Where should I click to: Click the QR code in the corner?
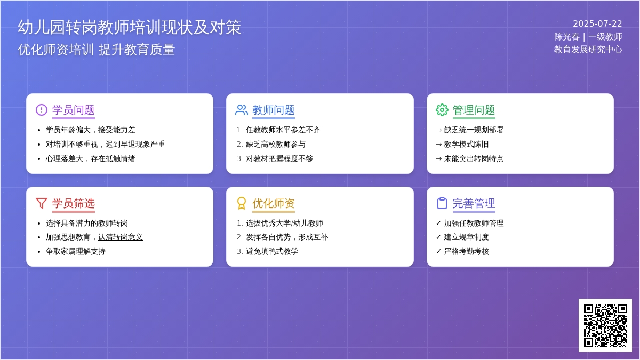click(x=605, y=325)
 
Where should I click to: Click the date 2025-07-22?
click(x=597, y=23)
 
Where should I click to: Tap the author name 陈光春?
click(x=567, y=37)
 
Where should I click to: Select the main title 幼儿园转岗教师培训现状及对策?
click(x=130, y=27)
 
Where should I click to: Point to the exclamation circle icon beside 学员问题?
click(x=42, y=110)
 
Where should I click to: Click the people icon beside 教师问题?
click(x=242, y=110)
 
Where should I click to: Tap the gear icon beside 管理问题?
click(x=442, y=110)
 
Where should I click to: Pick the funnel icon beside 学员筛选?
click(x=42, y=203)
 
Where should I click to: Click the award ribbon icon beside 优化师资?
click(x=242, y=203)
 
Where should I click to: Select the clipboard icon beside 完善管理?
click(x=442, y=203)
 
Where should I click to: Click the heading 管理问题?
click(x=474, y=110)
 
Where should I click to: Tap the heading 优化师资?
click(x=274, y=203)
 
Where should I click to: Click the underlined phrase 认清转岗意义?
click(x=121, y=237)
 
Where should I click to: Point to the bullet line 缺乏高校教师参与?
click(x=276, y=145)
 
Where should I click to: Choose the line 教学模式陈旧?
click(x=466, y=145)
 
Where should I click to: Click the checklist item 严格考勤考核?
click(x=466, y=251)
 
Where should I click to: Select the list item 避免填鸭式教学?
click(x=272, y=251)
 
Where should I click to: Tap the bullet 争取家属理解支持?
click(x=75, y=251)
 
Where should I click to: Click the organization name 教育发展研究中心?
click(x=588, y=50)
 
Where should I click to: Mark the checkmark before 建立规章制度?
click(x=438, y=237)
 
